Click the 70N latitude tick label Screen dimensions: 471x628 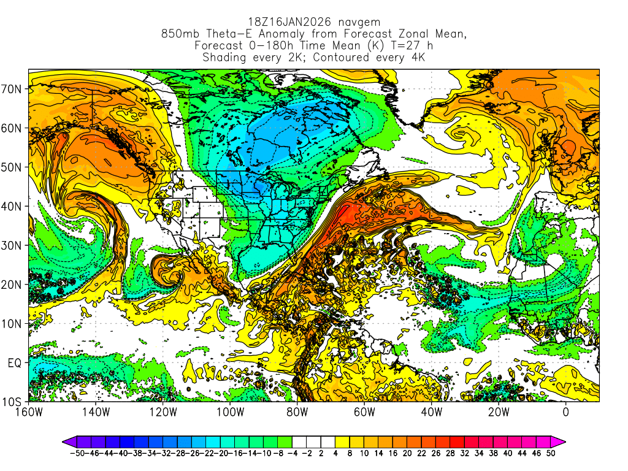13,88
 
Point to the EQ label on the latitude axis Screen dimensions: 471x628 15,362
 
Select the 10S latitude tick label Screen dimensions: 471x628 13,402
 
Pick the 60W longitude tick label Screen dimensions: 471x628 364,412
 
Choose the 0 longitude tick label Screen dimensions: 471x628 565,412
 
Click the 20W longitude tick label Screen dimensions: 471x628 499,412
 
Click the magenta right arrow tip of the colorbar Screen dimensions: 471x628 562,441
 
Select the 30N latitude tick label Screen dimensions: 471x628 13,245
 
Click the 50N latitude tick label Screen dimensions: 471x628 13,167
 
